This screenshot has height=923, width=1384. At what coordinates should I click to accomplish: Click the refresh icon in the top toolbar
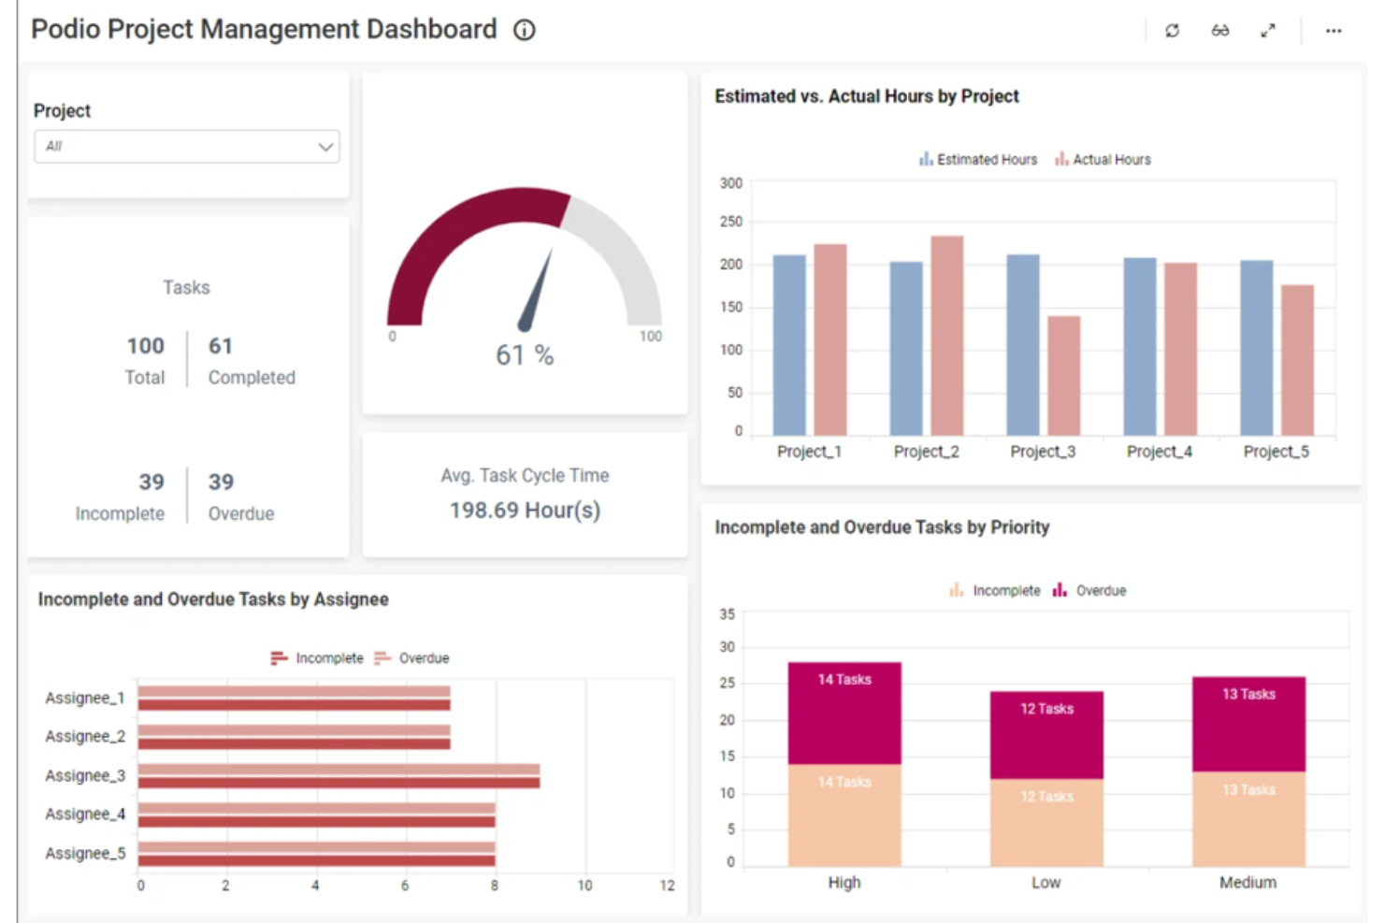1172,30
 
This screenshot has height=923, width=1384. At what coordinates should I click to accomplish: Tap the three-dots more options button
1334,31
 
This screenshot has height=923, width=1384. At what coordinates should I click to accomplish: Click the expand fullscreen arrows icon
1268,30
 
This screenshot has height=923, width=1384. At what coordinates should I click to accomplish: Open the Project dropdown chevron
325,147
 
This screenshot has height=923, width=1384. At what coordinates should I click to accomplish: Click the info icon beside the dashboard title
525,30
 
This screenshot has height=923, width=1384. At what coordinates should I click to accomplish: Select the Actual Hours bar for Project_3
1064,376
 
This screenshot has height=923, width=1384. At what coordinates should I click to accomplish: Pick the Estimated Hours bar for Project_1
789,345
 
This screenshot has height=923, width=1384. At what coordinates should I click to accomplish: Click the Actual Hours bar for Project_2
947,336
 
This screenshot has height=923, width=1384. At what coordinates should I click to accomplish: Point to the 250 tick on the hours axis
731,222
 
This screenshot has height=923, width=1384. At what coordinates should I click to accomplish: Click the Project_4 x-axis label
1160,452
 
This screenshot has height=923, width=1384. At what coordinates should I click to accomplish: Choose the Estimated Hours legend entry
978,159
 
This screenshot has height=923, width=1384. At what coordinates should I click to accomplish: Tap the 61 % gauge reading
525,355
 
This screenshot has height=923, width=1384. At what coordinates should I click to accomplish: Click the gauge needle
535,290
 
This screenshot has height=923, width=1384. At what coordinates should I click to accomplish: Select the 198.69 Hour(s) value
525,511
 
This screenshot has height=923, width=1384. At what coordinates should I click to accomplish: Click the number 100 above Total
146,346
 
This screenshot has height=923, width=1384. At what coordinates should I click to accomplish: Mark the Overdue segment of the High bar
844,714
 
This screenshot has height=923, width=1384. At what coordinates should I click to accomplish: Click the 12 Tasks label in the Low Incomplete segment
1046,797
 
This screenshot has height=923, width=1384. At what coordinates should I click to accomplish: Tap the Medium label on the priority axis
1248,882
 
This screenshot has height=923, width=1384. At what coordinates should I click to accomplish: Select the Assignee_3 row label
85,775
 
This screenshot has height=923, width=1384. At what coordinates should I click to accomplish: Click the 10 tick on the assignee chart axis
584,886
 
